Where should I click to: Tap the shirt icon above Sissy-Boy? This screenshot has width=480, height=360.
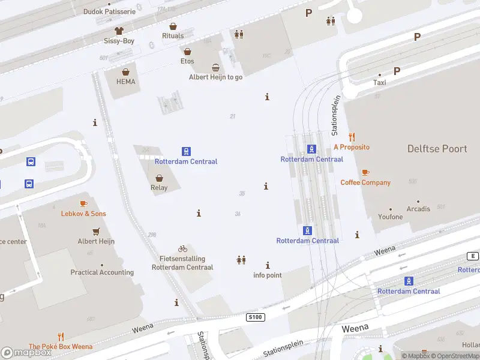(119, 31)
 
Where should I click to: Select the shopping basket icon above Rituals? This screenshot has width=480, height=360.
(173, 26)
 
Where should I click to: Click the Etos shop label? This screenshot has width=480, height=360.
(187, 61)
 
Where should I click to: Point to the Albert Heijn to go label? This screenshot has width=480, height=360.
(215, 77)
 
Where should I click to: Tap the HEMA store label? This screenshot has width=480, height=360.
(126, 82)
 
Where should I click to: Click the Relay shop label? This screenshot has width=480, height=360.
(159, 187)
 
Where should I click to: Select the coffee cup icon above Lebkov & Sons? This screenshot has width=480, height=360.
(83, 204)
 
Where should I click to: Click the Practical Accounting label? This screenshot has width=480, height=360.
(102, 272)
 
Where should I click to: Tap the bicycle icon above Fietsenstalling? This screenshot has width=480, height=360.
(182, 248)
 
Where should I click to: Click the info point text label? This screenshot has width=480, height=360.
(267, 275)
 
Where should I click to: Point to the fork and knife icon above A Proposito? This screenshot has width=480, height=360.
(352, 137)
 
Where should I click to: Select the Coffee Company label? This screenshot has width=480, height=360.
(365, 182)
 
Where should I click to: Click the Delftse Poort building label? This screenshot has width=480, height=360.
(437, 149)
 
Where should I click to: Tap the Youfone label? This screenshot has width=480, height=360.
(391, 217)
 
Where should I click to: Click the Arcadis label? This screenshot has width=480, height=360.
(418, 209)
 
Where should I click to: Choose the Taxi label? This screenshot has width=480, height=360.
(380, 83)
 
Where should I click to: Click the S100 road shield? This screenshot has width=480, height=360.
(255, 316)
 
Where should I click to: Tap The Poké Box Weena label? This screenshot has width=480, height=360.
(61, 346)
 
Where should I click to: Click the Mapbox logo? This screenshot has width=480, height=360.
(27, 353)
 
